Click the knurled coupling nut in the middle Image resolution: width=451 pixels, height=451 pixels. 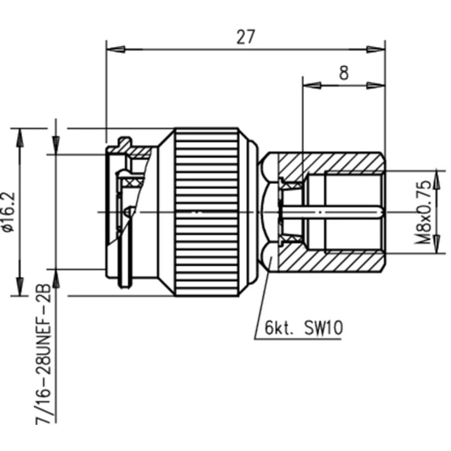(207, 212)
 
